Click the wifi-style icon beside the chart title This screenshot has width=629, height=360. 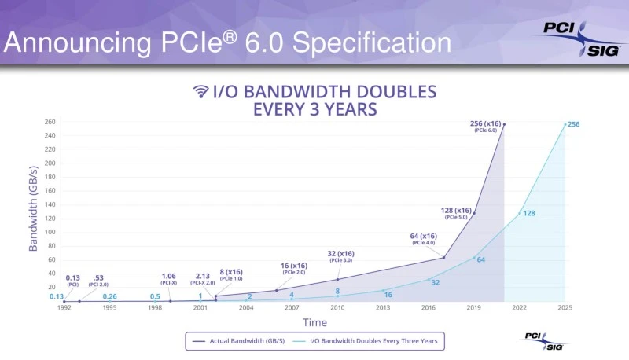coord(201,91)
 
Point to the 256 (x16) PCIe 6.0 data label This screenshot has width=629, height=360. coord(487,126)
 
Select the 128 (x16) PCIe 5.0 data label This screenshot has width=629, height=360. coord(456,212)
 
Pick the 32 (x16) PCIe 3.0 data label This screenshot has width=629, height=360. coord(340,256)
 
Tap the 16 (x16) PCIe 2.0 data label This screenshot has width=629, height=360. coord(293,269)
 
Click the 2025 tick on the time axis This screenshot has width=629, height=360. coord(565,308)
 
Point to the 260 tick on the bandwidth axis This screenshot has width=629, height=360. coord(50,122)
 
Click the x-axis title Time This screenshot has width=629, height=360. coord(314,322)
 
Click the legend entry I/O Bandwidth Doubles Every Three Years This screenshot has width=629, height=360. coord(370,340)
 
